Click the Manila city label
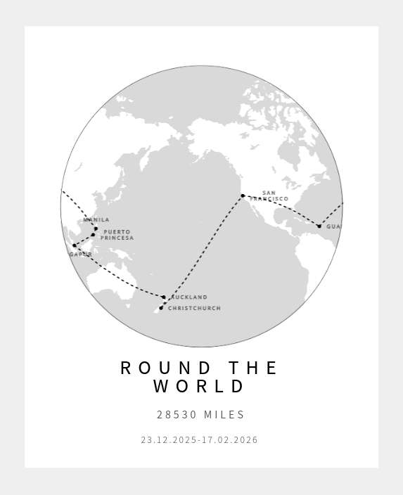[96, 220]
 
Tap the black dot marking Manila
[96, 229]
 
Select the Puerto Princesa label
[117, 235]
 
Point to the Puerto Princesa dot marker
[92, 235]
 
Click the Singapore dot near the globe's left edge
[74, 245]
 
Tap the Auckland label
[189, 297]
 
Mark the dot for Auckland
[164, 297]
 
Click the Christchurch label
[194, 309]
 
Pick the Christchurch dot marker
[160, 308]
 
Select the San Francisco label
[269, 195]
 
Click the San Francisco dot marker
[243, 195]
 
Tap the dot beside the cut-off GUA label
[319, 226]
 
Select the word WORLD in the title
[200, 387]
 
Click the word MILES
[224, 415]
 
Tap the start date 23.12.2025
[169, 440]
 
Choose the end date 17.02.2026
[230, 440]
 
